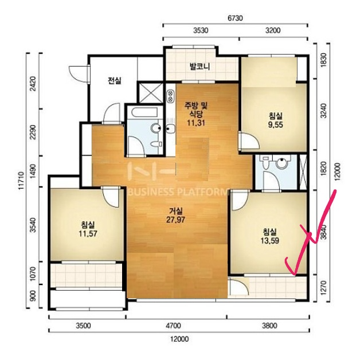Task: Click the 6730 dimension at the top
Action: pyautogui.click(x=235, y=18)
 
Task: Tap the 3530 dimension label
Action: pyautogui.click(x=201, y=30)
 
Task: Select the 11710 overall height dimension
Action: pyautogui.click(x=22, y=181)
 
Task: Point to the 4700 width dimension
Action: pyautogui.click(x=173, y=326)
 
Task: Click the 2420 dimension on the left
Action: pyautogui.click(x=33, y=84)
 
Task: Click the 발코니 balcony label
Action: pyautogui.click(x=199, y=67)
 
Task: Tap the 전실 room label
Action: pyautogui.click(x=115, y=80)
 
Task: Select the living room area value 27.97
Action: pyautogui.click(x=175, y=220)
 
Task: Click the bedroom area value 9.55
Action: pyautogui.click(x=276, y=125)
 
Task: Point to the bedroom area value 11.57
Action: pyautogui.click(x=88, y=234)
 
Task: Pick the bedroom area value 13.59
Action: pyautogui.click(x=270, y=241)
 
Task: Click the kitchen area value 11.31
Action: pyautogui.click(x=195, y=123)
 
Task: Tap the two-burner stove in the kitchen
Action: pyautogui.click(x=170, y=96)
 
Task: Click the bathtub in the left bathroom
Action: pyautogui.click(x=144, y=112)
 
